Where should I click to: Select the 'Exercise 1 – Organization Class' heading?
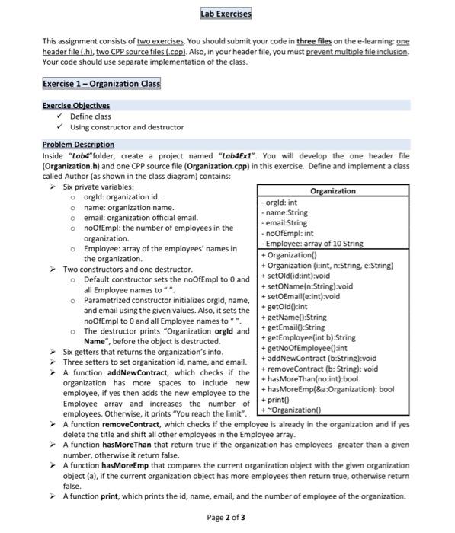(x=101, y=84)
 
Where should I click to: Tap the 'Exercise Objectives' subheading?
(x=76, y=105)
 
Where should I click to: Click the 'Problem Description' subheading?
(x=79, y=144)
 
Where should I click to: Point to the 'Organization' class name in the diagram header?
(x=334, y=191)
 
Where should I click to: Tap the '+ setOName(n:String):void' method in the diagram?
(x=307, y=286)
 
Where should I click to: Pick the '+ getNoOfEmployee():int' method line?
(x=304, y=348)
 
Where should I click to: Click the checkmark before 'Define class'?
(x=59, y=116)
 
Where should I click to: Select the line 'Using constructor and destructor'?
(x=127, y=126)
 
